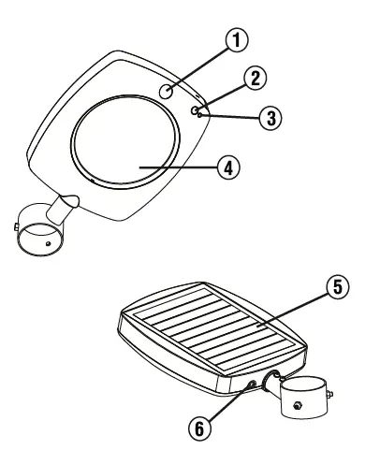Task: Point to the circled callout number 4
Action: tap(224, 166)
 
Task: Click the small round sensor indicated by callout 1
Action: tap(166, 92)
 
